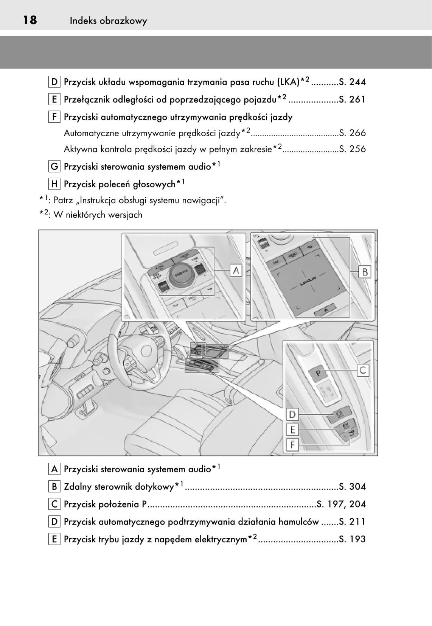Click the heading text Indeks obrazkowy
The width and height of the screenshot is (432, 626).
pyautogui.click(x=108, y=21)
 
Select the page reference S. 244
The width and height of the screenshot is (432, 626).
pyautogui.click(x=352, y=82)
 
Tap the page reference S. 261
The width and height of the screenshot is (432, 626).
pyautogui.click(x=352, y=99)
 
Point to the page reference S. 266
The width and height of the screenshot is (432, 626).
pyautogui.click(x=352, y=133)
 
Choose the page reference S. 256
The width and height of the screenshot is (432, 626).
pyautogui.click(x=352, y=149)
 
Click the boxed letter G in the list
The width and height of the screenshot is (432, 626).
pyautogui.click(x=54, y=167)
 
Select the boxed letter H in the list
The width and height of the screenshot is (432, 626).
pyautogui.click(x=54, y=184)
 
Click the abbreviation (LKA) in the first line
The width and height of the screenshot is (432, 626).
pyautogui.click(x=288, y=82)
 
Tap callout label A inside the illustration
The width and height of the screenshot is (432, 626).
pyautogui.click(x=236, y=270)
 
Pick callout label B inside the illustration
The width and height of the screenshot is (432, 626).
pyautogui.click(x=365, y=272)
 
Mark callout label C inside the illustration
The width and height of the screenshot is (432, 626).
pyautogui.click(x=363, y=370)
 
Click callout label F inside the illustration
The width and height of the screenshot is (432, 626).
pyautogui.click(x=292, y=445)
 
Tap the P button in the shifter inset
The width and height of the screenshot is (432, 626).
pyautogui.click(x=318, y=373)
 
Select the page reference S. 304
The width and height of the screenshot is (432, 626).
pyautogui.click(x=352, y=486)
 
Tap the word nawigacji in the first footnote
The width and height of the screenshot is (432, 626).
pyautogui.click(x=203, y=200)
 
